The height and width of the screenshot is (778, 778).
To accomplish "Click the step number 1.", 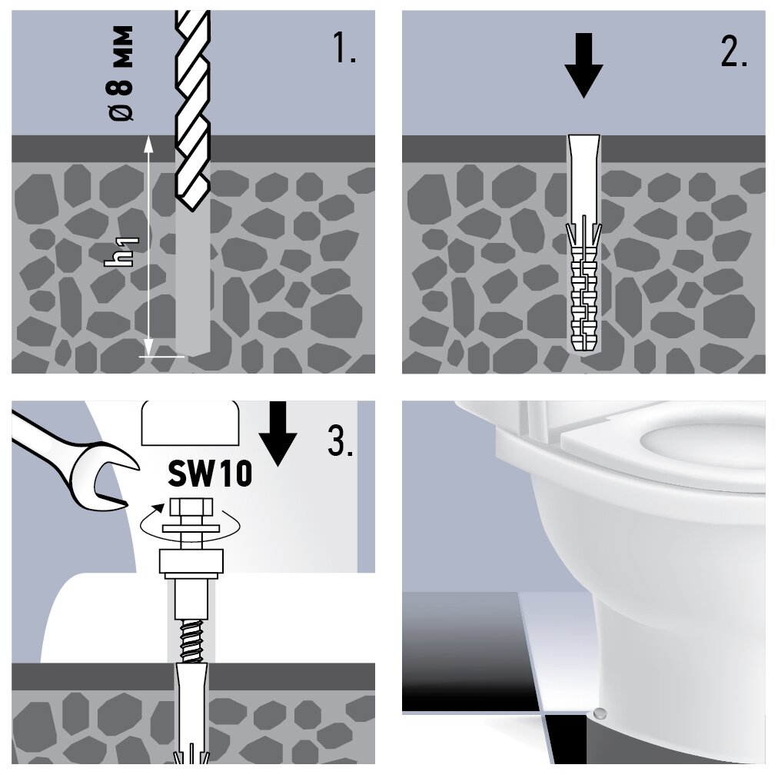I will pyautogui.click(x=343, y=51).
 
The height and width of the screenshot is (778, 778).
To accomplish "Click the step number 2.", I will pyautogui.click(x=733, y=51).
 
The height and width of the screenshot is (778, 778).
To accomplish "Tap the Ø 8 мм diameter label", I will pyautogui.click(x=121, y=73).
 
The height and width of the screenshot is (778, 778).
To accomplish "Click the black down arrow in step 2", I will pyautogui.click(x=584, y=65).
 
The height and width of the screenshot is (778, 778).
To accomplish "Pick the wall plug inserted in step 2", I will pyautogui.click(x=584, y=246).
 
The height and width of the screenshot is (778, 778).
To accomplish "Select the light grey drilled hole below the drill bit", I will pyautogui.click(x=191, y=284).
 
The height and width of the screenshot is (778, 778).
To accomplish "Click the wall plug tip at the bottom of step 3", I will pyautogui.click(x=191, y=757).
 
